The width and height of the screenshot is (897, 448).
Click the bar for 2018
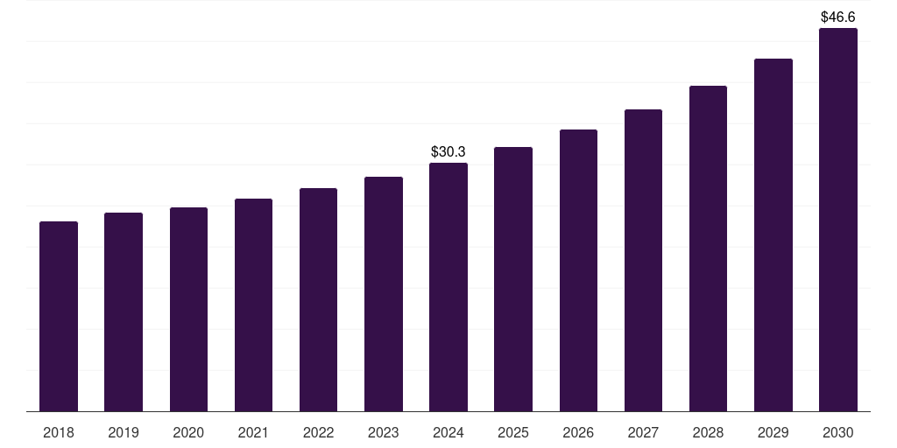point(59,316)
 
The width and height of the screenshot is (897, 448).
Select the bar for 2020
point(188,309)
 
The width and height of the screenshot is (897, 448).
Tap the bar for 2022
point(318,299)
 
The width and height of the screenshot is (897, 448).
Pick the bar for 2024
point(448,287)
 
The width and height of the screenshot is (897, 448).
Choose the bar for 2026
point(578,270)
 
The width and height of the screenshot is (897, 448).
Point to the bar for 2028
point(708,248)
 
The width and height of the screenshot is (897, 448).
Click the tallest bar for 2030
point(838,220)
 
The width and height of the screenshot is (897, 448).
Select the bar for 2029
point(773,234)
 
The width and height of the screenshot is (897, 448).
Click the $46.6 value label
point(838,17)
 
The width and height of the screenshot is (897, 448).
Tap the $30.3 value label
point(448,151)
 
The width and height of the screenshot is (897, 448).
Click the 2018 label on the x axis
point(59,432)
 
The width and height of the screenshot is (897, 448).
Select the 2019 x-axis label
point(124,432)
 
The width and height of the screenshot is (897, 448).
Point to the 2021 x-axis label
point(253,432)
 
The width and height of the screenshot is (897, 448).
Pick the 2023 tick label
point(384,432)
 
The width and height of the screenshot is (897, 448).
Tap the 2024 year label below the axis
point(448,432)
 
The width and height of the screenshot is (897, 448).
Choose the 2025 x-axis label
point(513,432)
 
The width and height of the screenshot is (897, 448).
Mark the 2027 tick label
point(643,432)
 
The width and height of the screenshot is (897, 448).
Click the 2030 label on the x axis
point(838,432)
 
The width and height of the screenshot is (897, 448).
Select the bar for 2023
point(384,294)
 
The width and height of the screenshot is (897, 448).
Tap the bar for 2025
point(513,279)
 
